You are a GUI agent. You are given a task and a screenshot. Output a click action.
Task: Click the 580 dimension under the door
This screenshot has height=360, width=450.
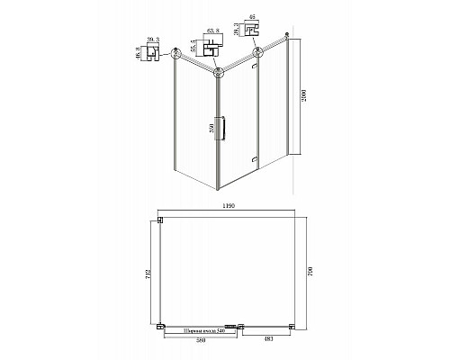[x=200, y=338]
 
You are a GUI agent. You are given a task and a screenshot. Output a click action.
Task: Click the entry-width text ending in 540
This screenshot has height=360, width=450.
[x=200, y=331]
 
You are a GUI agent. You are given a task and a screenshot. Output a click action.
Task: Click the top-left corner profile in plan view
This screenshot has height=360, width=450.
[x=160, y=220]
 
